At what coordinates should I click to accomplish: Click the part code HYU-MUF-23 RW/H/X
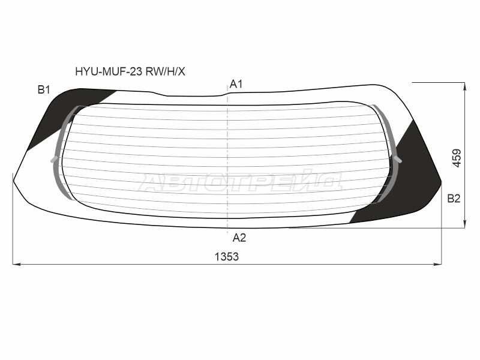click(x=130, y=71)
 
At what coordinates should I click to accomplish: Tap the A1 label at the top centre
click(x=236, y=84)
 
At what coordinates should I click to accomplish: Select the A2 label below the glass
click(x=239, y=238)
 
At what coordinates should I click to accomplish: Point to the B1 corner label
click(x=44, y=89)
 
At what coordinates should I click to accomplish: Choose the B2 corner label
click(x=454, y=199)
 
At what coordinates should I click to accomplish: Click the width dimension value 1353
click(x=227, y=257)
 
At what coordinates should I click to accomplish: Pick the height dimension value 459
click(x=457, y=158)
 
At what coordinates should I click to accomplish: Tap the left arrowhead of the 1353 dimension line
click(x=17, y=264)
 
